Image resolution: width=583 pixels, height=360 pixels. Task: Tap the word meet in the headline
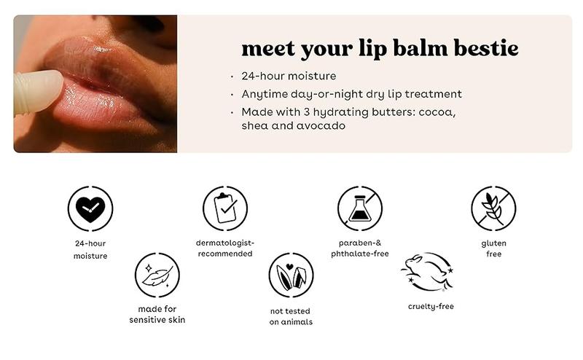point(268,49)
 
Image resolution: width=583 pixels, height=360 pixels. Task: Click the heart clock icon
point(90,208)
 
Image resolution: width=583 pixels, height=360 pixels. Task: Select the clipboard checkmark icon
point(225,208)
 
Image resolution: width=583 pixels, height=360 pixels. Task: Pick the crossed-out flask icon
point(360,208)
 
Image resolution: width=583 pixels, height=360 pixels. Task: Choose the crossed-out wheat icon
point(493,208)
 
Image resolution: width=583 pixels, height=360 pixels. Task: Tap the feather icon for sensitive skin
point(157,275)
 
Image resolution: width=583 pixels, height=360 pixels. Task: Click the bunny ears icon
point(291,275)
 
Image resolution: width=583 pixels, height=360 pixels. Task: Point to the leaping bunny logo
point(428,273)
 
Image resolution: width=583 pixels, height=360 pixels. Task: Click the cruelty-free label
point(431,307)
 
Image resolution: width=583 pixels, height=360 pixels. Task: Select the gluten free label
point(494,249)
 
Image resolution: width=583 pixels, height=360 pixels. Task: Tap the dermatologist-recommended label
point(225,248)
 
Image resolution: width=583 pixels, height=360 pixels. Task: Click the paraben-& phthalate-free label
point(360,248)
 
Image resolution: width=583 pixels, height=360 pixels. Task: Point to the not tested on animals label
point(291,316)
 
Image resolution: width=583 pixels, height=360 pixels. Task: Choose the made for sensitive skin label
point(157,314)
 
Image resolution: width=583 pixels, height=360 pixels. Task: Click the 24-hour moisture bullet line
point(289,76)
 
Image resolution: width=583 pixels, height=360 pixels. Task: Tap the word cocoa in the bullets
point(437,112)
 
